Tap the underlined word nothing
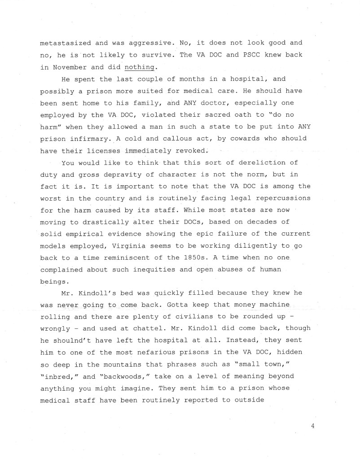tap(140, 67)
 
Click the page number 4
tap(312, 425)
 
